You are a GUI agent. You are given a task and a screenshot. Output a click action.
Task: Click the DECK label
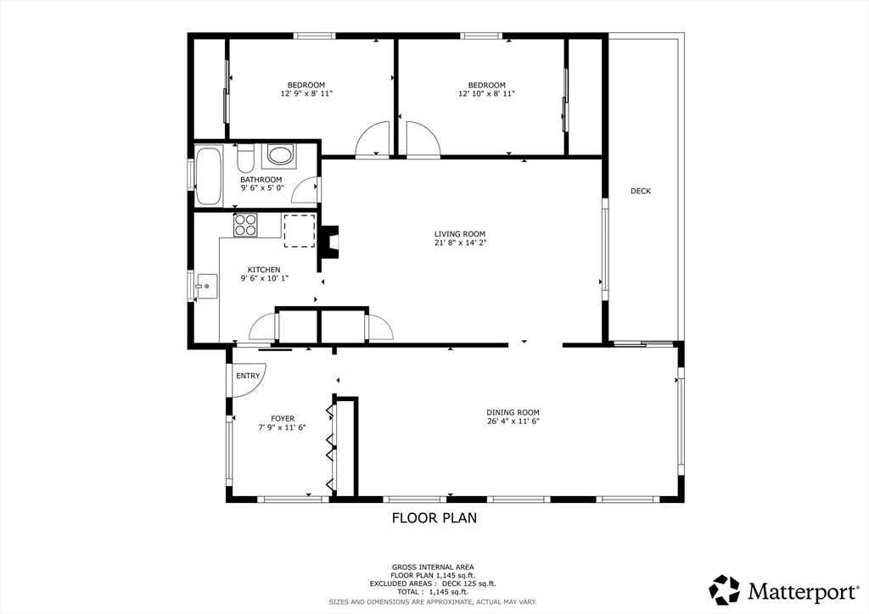click(x=641, y=191)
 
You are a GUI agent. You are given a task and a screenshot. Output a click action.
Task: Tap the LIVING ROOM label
click(x=459, y=234)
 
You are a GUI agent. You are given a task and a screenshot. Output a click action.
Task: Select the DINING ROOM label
click(x=513, y=412)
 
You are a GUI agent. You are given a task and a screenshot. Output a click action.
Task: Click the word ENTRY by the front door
click(x=248, y=376)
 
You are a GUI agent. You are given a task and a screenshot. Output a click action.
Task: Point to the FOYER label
click(x=283, y=419)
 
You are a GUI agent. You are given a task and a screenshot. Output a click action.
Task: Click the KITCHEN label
click(x=264, y=271)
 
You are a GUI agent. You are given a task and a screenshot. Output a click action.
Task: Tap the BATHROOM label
click(x=261, y=180)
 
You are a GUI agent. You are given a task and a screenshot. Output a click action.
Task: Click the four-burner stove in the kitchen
click(x=245, y=226)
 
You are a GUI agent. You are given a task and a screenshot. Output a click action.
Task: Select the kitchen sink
click(x=206, y=287)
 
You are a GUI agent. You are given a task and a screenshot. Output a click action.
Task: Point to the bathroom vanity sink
click(x=278, y=155)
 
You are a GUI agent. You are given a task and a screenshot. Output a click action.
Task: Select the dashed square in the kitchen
click(x=300, y=231)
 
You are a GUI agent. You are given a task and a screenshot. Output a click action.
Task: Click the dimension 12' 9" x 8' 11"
click(x=306, y=93)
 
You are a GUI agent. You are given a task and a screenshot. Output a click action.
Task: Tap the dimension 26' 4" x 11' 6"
click(x=513, y=421)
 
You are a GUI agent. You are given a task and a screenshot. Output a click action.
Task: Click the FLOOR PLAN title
click(x=434, y=518)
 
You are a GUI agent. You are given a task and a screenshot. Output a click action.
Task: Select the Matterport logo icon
click(x=725, y=589)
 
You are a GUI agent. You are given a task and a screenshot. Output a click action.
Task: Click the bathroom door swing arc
click(x=303, y=185)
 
